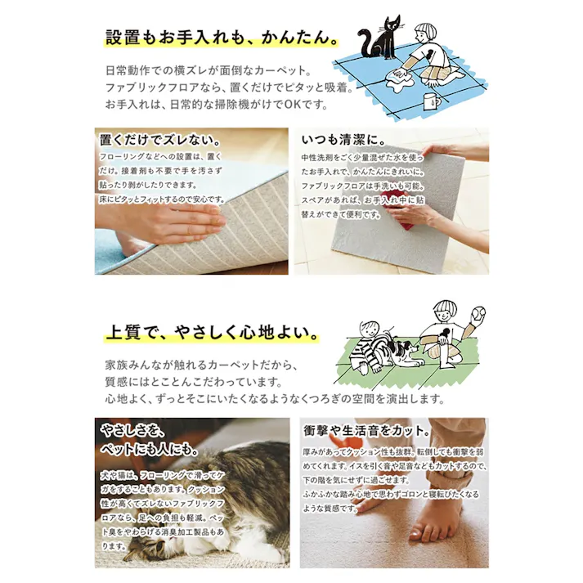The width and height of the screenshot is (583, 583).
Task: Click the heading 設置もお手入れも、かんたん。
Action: click(x=222, y=37)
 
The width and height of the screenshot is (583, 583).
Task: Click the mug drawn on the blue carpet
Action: click(x=432, y=101)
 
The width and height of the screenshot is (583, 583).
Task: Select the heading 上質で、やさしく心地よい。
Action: click(x=212, y=332)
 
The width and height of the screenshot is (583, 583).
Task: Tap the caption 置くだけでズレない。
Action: click(x=160, y=140)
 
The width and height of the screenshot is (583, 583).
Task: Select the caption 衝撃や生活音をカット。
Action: click(x=367, y=431)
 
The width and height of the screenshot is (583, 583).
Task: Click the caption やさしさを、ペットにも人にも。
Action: click(x=150, y=440)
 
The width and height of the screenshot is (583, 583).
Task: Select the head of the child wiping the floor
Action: click(x=425, y=34)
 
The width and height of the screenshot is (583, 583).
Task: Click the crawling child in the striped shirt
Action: click(x=367, y=346)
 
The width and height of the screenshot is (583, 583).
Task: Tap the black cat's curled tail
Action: click(x=364, y=40)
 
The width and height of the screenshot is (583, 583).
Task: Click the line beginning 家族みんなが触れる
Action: click(x=201, y=365)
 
